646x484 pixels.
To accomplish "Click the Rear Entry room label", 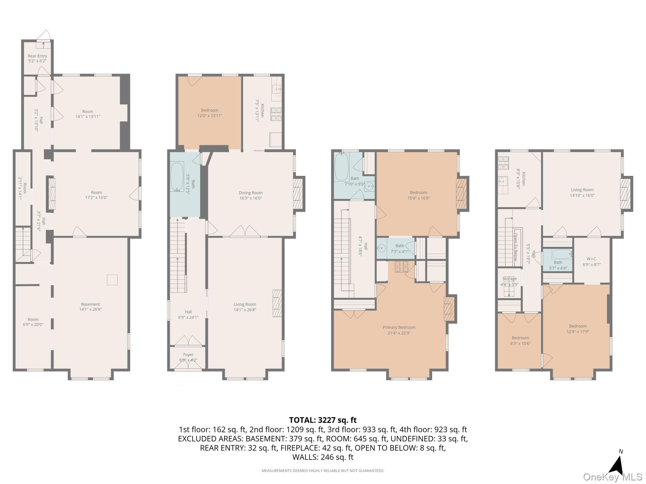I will pyautogui.click(x=37, y=56).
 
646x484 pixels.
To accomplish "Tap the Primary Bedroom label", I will pyautogui.click(x=399, y=327).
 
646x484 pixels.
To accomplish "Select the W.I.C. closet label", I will pyautogui.click(x=592, y=259).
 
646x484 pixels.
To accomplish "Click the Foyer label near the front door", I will pyautogui.click(x=188, y=355).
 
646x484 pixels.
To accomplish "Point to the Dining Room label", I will pyautogui.click(x=250, y=193).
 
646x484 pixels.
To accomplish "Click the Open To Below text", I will pyautogui.click(x=516, y=247).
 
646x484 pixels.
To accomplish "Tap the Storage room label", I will pyautogui.click(x=509, y=279).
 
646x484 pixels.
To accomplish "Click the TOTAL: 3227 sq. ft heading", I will pyautogui.click(x=323, y=420).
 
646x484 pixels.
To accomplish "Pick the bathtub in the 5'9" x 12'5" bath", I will pyautogui.click(x=177, y=177).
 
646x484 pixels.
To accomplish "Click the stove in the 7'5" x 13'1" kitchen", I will pyautogui.click(x=276, y=114).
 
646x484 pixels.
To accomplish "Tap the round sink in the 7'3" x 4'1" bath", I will pyautogui.click(x=382, y=248).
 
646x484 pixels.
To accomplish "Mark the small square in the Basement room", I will pyautogui.click(x=112, y=280).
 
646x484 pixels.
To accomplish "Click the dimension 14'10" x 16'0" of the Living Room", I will pyautogui.click(x=582, y=195).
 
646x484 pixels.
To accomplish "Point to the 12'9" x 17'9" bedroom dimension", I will pyautogui.click(x=578, y=331).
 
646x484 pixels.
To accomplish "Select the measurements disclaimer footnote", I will pyautogui.click(x=323, y=471).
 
